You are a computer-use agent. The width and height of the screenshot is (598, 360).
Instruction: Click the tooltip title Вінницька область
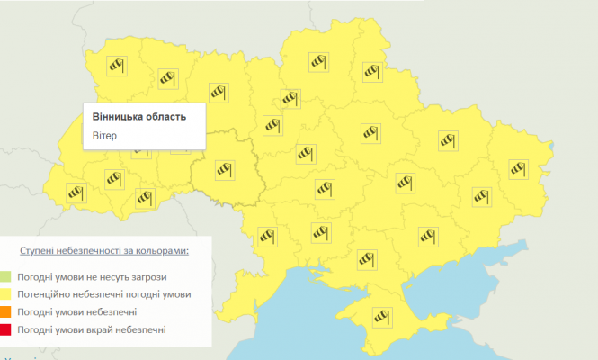pyautogui.click(x=139, y=117)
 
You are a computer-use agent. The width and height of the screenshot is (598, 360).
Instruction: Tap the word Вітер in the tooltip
pyautogui.click(x=104, y=136)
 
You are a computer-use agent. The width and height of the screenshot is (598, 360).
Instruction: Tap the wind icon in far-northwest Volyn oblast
pyautogui.click(x=116, y=66)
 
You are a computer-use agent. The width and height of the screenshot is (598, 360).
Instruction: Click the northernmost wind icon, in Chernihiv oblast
pyautogui.click(x=318, y=61)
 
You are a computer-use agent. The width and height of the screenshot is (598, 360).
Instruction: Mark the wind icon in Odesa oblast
pyautogui.click(x=267, y=237)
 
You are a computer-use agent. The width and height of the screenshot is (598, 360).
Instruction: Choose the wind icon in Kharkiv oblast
pyautogui.click(x=448, y=140)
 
